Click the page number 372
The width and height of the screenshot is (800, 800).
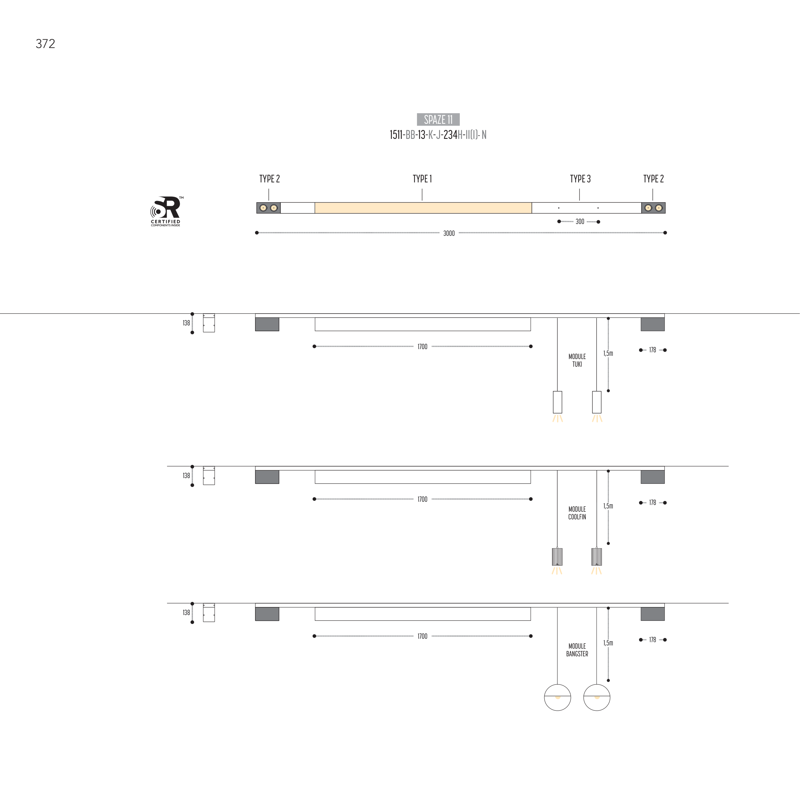45,44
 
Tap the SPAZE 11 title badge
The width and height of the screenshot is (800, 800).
438,120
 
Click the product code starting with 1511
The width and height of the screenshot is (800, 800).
438,135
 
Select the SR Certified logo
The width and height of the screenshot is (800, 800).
166,211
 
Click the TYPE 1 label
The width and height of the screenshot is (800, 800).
422,179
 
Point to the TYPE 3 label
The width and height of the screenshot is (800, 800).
580,179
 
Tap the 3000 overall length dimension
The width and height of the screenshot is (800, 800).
449,234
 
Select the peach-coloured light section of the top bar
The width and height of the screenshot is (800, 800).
423,208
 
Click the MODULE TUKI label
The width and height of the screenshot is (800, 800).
577,360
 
